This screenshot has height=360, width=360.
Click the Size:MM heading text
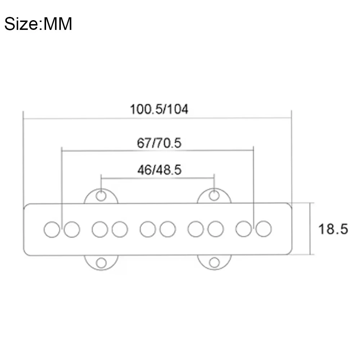coord(38,24)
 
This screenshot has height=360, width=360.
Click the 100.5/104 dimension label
coord(159,109)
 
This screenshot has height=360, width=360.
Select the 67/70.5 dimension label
coord(159,143)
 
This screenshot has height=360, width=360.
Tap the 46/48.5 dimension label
coord(159,170)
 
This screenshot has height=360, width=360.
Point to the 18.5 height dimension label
coord(333,229)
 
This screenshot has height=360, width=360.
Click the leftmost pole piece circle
coord(52,229)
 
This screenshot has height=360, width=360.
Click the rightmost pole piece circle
coord(264,229)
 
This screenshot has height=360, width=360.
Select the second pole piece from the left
coord(72,229)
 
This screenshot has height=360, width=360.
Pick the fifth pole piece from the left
coord(148,229)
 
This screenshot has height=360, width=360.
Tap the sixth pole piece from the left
coord(168,229)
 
